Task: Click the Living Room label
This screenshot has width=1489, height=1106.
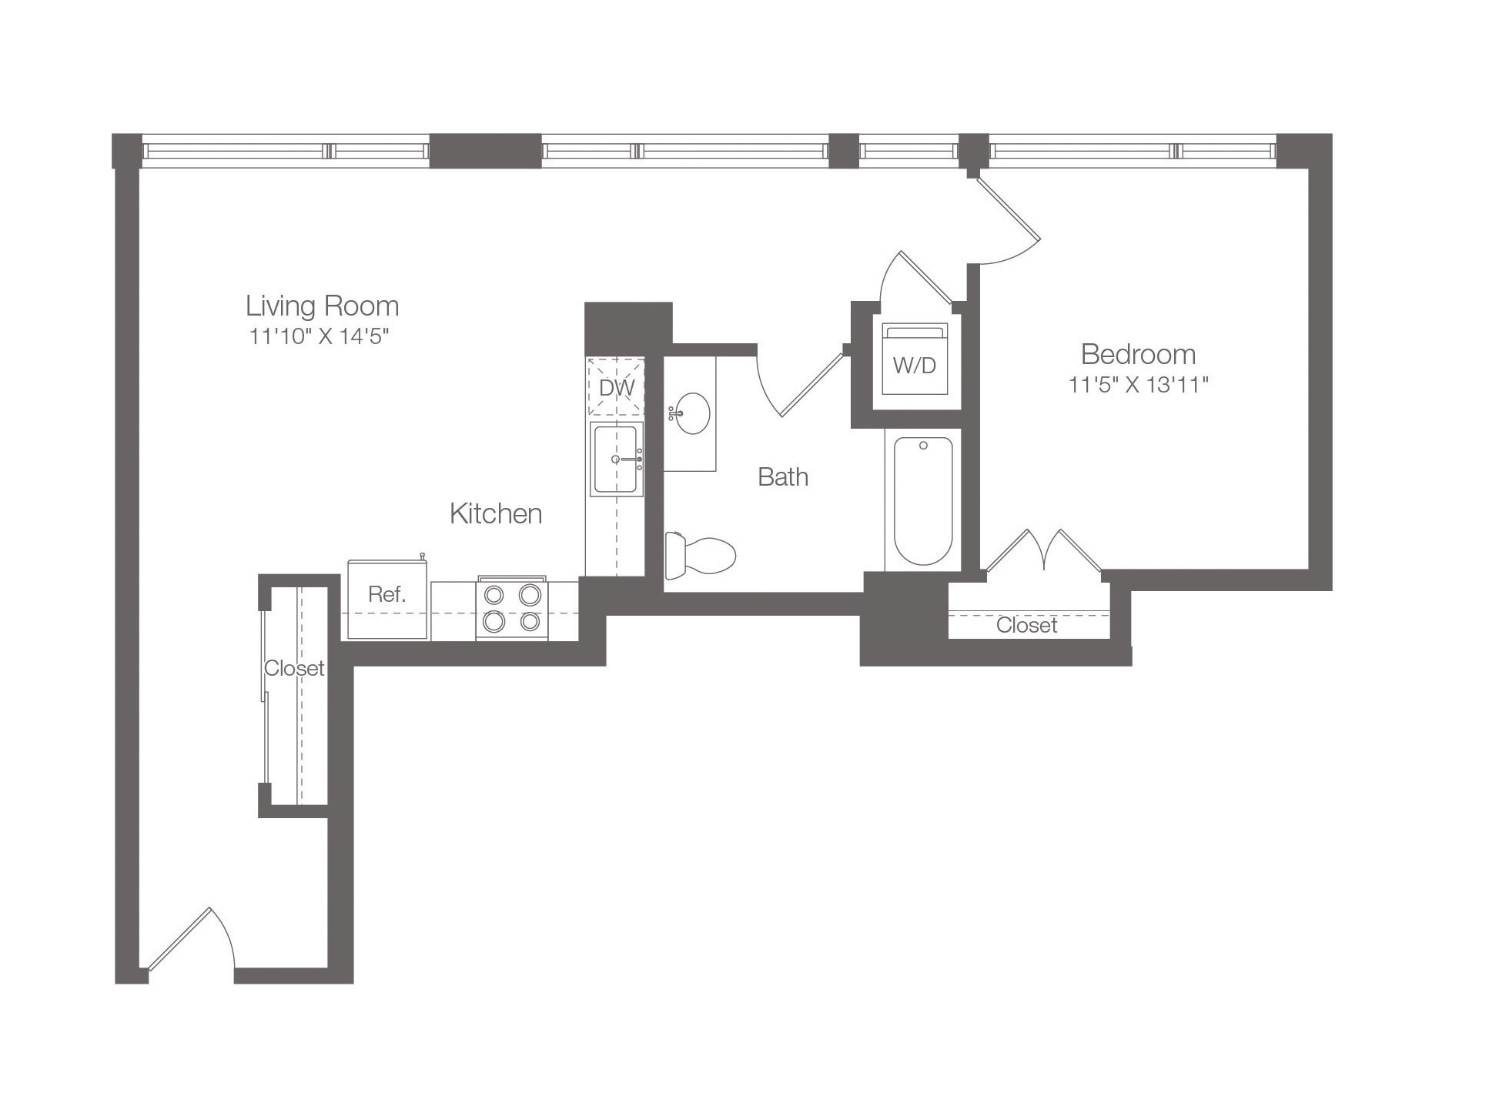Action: coord(322,306)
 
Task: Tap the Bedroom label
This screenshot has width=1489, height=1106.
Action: coord(1138,354)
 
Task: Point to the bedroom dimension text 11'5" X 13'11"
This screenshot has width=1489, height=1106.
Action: coord(1138,385)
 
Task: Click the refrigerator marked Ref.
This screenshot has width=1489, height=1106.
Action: coord(386,600)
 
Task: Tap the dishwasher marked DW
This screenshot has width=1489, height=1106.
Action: coord(616,387)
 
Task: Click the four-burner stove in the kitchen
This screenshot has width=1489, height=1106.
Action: coord(512,607)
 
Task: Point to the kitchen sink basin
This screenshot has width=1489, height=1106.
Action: coord(616,459)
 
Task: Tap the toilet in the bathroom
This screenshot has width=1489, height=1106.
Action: coord(700,554)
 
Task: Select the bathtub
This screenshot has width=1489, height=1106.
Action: coord(923,500)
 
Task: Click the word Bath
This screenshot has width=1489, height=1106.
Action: coord(783,477)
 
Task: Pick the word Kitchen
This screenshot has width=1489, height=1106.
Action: coord(496,513)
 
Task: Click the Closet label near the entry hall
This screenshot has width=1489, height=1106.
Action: coord(294,668)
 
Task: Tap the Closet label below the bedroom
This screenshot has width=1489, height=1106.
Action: coord(1026,625)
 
